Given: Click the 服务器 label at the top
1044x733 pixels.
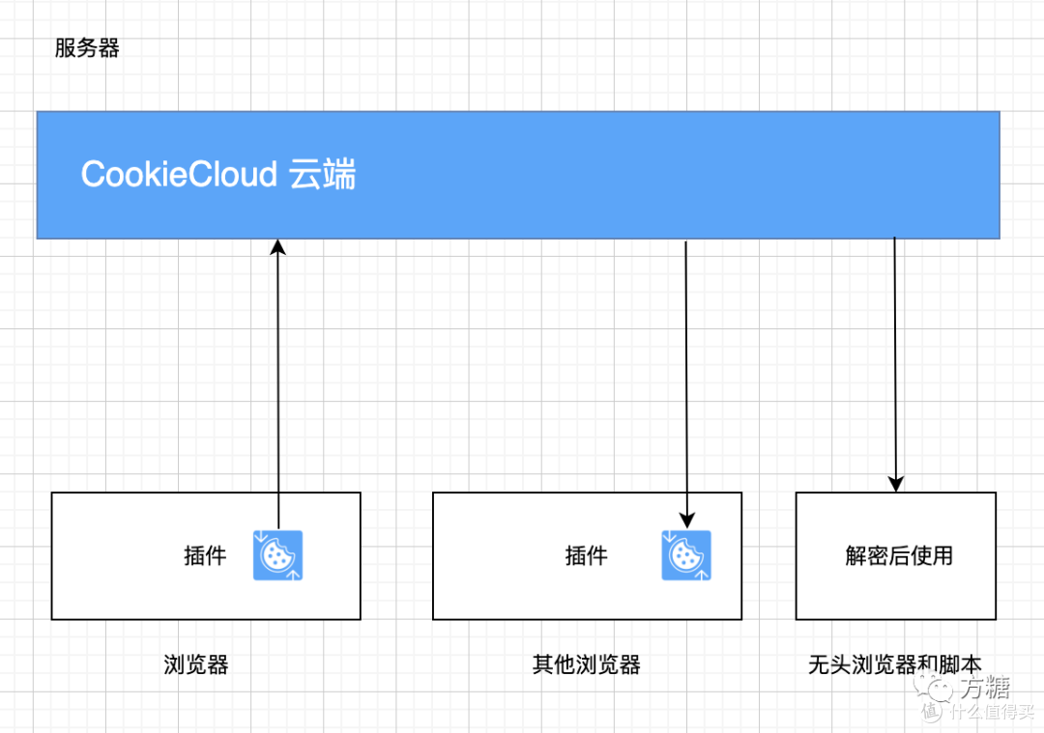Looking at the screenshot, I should (87, 49).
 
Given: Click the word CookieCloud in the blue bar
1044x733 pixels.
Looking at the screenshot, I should (179, 174).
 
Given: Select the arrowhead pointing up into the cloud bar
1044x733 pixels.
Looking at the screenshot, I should (278, 246).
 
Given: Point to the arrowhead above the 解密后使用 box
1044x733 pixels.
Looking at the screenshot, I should (895, 483).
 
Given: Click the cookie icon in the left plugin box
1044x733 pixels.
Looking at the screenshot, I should (278, 555).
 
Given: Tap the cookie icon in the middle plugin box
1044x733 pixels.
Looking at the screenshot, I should (686, 555).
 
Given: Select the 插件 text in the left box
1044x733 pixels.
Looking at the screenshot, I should (205, 555).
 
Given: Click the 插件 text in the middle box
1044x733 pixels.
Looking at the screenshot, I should (586, 555).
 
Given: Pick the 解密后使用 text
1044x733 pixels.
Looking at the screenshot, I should (899, 555).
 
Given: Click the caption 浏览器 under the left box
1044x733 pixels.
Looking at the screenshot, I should (196, 664).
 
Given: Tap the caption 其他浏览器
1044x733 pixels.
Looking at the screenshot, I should (586, 664).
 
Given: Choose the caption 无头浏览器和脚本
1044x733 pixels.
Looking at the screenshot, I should (894, 664).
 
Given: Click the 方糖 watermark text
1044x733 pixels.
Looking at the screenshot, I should (984, 688).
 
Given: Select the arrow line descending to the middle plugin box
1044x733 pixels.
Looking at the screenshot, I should (686, 377).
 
